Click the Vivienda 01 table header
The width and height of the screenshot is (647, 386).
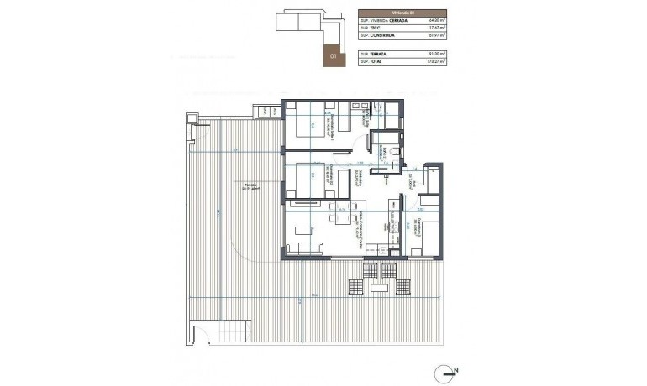pos(402,13)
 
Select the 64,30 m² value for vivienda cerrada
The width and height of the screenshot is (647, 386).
pos(435,21)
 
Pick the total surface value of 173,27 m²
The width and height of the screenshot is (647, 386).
pos(435,61)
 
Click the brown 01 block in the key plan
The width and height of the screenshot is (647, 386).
pos(334,55)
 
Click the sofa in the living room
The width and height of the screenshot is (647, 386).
pos(304,248)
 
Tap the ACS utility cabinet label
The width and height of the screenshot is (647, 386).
pos(263,110)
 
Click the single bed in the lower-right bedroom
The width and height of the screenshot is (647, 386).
pos(423,241)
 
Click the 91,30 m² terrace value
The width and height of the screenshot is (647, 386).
pos(435,53)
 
